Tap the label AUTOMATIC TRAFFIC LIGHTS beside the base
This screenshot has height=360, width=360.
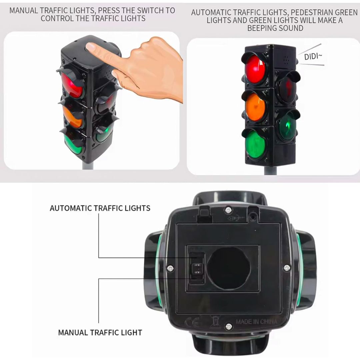click(x=100, y=208)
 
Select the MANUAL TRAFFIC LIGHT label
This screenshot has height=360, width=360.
click(x=100, y=332)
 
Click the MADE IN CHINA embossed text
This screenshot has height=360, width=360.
click(x=256, y=321)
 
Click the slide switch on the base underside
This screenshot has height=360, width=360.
click(x=197, y=268)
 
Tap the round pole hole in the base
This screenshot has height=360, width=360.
click(x=229, y=268)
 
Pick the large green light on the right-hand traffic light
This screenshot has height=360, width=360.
click(x=255, y=145)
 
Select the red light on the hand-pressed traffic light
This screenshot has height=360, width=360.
click(x=73, y=85)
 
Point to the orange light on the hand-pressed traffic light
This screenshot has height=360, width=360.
click(x=73, y=117)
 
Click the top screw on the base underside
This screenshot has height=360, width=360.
click(x=228, y=210)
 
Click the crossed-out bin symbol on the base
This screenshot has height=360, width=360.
click(x=215, y=321)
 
